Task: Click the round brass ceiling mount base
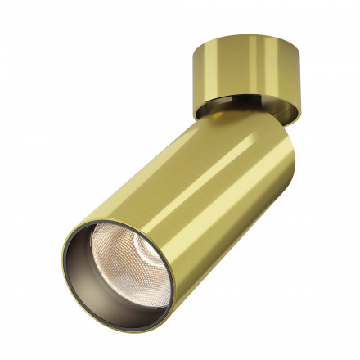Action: click(x=234, y=79)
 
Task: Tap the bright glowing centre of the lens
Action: click(x=123, y=260)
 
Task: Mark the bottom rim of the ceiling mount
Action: click(x=237, y=113)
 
